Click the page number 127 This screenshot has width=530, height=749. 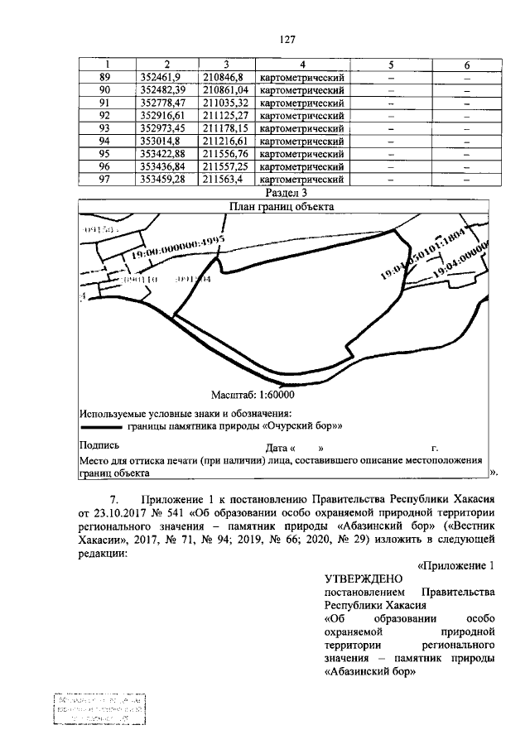coord(287,40)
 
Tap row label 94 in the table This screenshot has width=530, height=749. coord(104,141)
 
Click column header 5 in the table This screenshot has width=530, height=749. coord(390,65)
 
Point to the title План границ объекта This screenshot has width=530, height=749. coord(287,208)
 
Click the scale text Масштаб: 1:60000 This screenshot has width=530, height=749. coord(253,396)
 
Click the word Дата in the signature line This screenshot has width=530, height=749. coord(279,446)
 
